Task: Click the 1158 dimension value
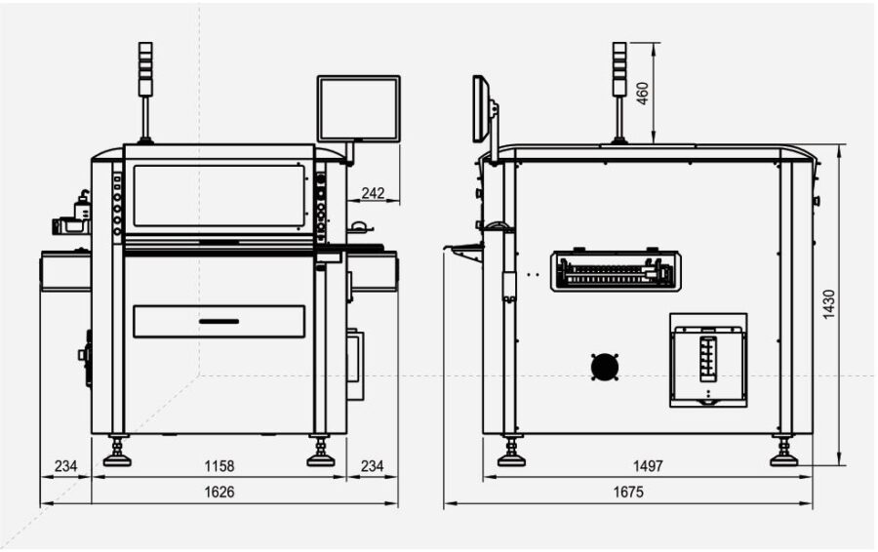tap(219, 466)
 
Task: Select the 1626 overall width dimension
tap(219, 493)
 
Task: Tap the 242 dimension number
tap(373, 193)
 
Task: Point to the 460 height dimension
tap(643, 93)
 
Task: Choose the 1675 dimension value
tap(629, 493)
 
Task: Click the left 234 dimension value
tap(65, 466)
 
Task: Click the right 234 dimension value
tap(373, 466)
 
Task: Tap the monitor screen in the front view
tap(358, 109)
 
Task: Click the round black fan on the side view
tap(605, 367)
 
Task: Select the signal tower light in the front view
tap(145, 70)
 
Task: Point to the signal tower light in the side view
tap(619, 70)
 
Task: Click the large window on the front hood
tap(219, 195)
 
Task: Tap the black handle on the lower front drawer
tap(219, 320)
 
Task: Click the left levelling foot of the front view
tap(117, 454)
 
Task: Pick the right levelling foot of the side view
tap(783, 454)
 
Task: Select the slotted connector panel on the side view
tap(616, 271)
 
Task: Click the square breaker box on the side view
tap(708, 360)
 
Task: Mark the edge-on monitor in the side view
tap(480, 108)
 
